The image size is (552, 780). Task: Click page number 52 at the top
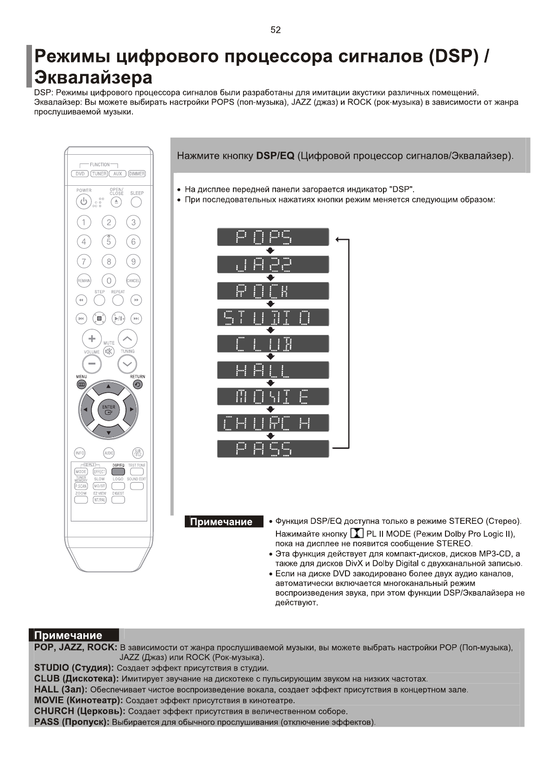click(x=276, y=30)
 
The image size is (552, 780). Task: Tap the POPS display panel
click(x=273, y=237)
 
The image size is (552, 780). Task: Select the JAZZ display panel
click(x=273, y=264)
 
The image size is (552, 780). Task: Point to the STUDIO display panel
click(x=273, y=318)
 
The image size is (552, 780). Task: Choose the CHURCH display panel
click(x=273, y=423)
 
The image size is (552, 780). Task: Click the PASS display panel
click(x=273, y=449)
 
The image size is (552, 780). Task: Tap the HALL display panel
click(x=273, y=371)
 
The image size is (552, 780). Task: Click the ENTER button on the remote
click(x=108, y=409)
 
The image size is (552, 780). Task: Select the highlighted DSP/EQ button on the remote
click(x=118, y=472)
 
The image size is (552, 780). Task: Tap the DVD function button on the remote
click(x=80, y=174)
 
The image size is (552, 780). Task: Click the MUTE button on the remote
click(x=109, y=352)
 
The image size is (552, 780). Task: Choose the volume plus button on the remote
click(x=92, y=339)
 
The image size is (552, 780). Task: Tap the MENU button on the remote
click(x=82, y=384)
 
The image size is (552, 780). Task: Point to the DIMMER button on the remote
click(x=137, y=174)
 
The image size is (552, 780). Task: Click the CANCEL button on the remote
click(x=133, y=281)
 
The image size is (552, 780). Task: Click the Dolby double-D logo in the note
click(x=357, y=534)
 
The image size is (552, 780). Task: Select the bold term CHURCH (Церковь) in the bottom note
click(x=80, y=711)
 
